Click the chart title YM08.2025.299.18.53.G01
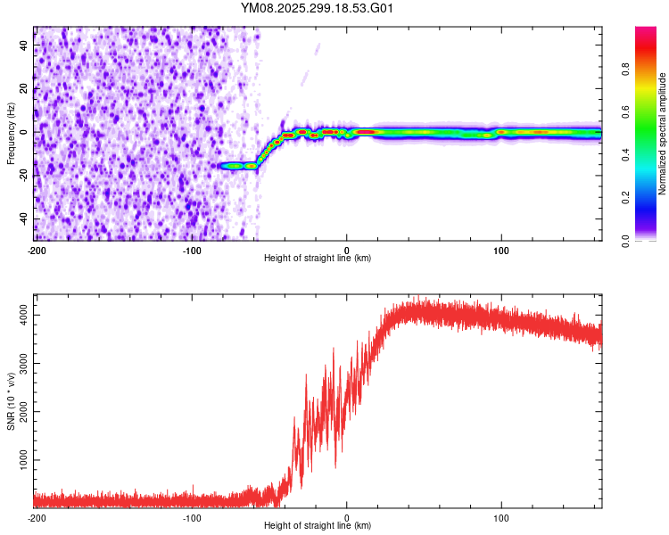coord(318,8)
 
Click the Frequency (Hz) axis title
coord(11,134)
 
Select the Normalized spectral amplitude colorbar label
coord(662,134)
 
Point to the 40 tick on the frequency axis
coord(23,45)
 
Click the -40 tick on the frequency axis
coord(23,218)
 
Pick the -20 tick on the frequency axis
coord(23,176)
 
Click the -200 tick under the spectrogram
coord(37,251)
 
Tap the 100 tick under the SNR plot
coord(501,518)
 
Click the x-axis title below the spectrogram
coord(318,259)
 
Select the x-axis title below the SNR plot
coord(318,526)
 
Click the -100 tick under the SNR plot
coord(192,518)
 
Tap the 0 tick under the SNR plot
coord(347,518)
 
